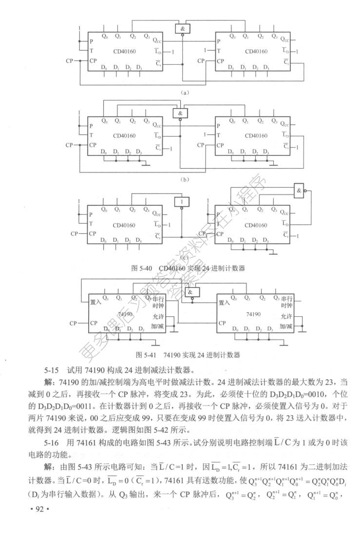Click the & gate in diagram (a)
pyautogui.click(x=182, y=29)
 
